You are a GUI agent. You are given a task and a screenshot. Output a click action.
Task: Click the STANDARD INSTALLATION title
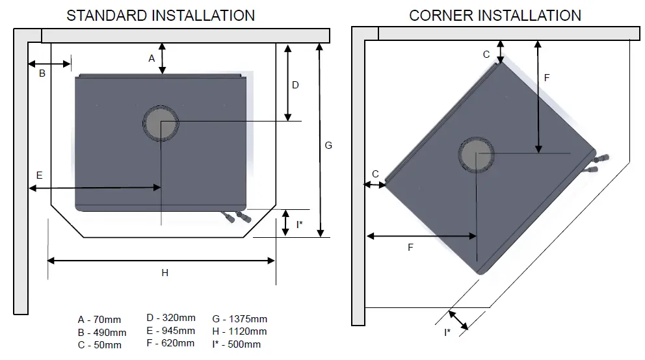[161, 15]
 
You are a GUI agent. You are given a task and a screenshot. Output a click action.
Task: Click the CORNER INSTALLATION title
[495, 15]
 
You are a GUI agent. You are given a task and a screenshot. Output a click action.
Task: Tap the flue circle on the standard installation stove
[160, 123]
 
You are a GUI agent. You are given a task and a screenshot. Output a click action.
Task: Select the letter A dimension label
[151, 58]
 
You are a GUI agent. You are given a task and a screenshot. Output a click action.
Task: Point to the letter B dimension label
[42, 73]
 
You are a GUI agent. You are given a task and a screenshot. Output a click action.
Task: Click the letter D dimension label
[295, 85]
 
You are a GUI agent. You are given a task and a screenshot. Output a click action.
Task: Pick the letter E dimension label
[39, 175]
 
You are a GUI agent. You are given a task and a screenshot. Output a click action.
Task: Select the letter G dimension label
[328, 146]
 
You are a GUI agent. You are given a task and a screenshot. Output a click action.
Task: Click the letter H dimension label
[165, 273]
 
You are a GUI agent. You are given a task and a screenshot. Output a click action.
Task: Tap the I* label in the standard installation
[299, 224]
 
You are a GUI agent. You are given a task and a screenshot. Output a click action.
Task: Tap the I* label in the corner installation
[447, 333]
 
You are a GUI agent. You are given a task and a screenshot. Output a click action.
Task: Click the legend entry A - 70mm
[99, 319]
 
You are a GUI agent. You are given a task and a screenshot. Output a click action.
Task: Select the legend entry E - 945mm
[170, 331]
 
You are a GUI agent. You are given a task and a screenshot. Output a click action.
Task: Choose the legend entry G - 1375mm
[239, 319]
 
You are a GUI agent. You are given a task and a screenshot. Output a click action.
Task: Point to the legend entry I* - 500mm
[237, 344]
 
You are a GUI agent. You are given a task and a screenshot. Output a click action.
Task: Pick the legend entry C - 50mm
[99, 345]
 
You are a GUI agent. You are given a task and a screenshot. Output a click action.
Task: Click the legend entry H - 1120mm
[239, 331]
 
